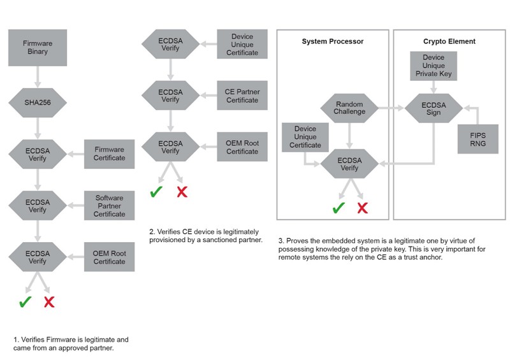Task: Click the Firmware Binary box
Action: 38,48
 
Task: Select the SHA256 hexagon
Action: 38,103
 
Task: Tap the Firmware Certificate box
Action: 109,154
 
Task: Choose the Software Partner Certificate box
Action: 109,206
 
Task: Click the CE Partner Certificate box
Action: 242,96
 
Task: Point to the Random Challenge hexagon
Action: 349,108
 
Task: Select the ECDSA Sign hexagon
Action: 433,108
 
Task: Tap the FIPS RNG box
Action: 477,139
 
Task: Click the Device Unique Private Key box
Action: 433,66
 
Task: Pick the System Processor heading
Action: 332,41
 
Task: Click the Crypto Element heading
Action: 449,41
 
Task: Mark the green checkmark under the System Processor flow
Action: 339,208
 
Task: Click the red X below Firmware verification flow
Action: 49,302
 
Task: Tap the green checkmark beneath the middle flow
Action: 156,192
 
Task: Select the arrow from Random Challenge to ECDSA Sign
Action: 391,108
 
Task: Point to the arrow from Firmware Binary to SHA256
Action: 38,77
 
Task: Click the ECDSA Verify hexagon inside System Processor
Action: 349,164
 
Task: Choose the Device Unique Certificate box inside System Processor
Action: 305,137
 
